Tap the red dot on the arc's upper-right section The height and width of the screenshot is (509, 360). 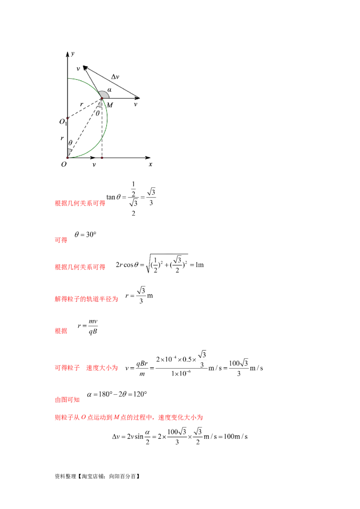point(102,98)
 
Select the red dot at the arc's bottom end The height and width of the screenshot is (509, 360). point(68,157)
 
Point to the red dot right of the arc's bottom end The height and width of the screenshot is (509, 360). point(102,157)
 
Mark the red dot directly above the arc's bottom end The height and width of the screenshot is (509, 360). point(67,118)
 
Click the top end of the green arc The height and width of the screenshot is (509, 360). point(69,77)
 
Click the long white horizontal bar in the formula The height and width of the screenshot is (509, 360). point(173,365)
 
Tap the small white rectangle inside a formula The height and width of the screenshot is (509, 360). point(135,292)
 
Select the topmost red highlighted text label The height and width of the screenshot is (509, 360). point(80,204)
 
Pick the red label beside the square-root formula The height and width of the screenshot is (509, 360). point(80,267)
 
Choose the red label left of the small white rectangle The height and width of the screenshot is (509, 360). point(86,299)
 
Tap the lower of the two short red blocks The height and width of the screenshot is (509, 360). point(61,331)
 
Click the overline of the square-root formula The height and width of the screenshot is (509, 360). point(169,254)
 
